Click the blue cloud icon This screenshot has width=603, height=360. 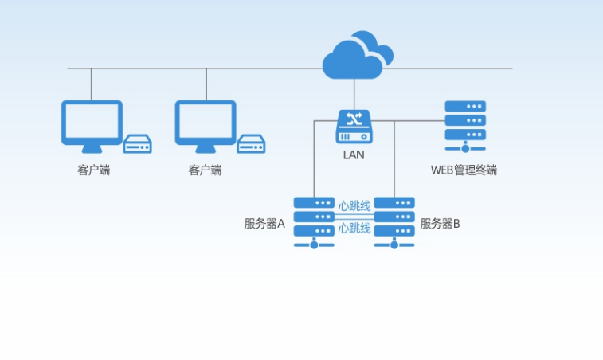coord(355,57)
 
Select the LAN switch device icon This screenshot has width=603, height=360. coord(354,127)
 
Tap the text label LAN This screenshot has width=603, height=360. coord(354,155)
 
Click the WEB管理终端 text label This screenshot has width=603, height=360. coord(464,170)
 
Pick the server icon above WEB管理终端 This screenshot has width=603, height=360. coord(465,126)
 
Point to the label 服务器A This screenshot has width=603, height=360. coord(264,224)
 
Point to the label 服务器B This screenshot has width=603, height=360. coord(440,224)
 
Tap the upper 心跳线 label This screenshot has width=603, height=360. coord(354,206)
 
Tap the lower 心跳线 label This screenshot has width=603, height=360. coord(354,229)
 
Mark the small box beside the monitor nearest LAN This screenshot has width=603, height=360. coord(251,143)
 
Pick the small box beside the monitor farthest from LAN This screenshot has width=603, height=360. coord(137,143)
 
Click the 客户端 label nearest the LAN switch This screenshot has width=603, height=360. coord(206,170)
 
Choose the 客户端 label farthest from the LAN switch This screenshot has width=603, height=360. coord(94,170)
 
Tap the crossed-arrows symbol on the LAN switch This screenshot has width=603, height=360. coord(354,119)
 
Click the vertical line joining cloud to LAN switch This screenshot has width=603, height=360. coord(354,94)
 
